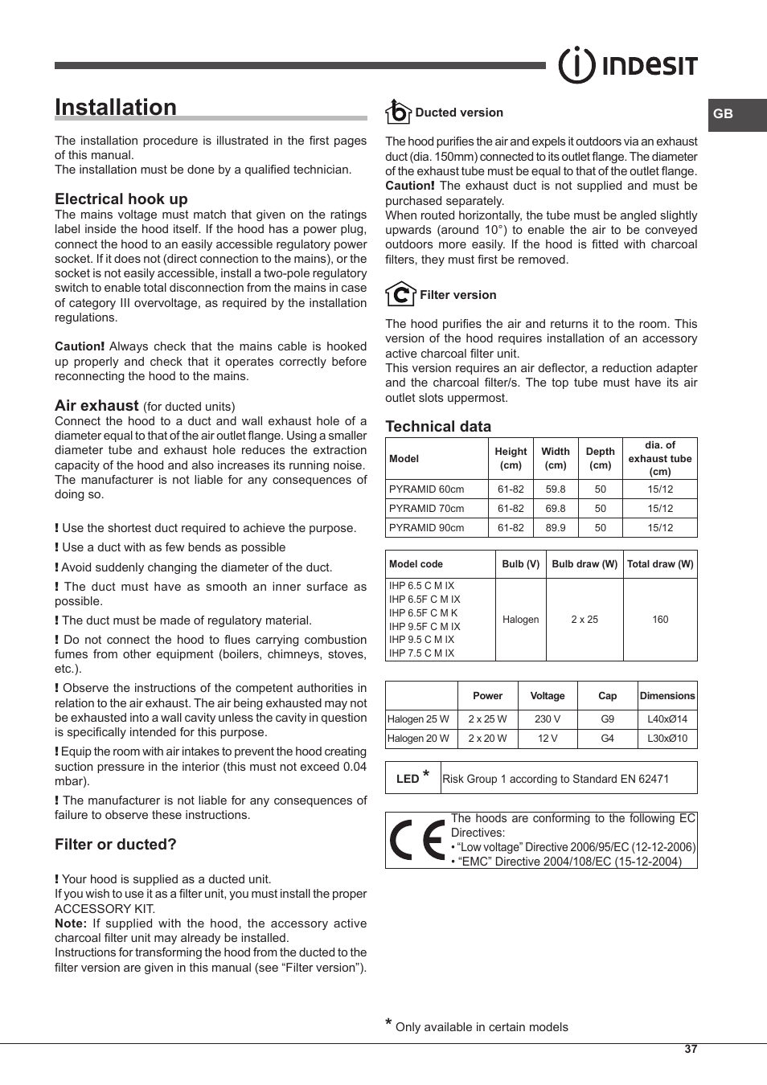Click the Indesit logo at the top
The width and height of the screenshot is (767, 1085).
coord(628,66)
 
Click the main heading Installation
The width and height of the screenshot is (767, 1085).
coord(116,108)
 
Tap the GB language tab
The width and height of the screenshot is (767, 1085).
coord(724,114)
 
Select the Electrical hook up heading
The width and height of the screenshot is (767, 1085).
coord(121,199)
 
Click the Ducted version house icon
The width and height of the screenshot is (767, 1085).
coord(398,112)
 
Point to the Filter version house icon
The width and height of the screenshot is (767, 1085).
coord(400,294)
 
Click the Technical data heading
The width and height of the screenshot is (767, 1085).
coord(438,427)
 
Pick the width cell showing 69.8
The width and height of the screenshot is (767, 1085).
coord(555,509)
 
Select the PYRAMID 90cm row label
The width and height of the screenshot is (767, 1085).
coord(427,528)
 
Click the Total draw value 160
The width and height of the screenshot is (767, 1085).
coord(660,620)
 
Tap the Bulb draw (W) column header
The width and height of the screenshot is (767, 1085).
coord(584,564)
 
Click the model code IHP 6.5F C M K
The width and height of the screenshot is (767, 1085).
coord(424,613)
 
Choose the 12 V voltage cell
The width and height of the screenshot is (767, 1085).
coord(548,739)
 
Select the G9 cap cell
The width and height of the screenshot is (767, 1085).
coord(608,719)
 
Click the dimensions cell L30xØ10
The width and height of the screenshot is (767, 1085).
coord(667,739)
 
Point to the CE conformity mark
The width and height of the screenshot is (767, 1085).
coord(416,841)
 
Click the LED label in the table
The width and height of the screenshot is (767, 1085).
coord(408,779)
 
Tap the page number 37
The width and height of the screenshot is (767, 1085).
coord(691,1050)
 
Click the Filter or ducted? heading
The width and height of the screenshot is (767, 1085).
coord(116,845)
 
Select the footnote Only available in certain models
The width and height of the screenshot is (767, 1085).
coord(482,1027)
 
